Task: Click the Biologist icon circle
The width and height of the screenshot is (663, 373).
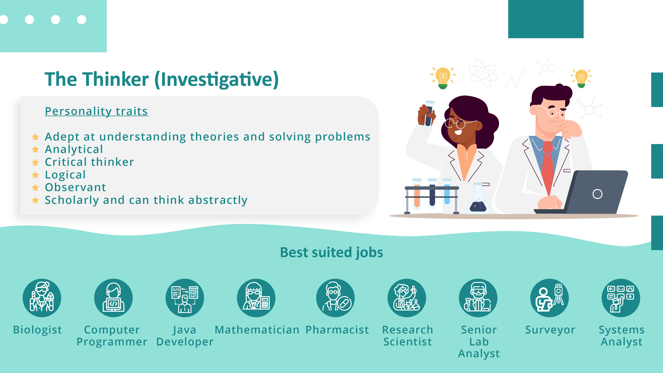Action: pyautogui.click(x=42, y=298)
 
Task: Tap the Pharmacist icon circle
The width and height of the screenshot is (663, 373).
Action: pyautogui.click(x=335, y=298)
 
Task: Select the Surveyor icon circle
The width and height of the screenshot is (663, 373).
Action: pyautogui.click(x=550, y=298)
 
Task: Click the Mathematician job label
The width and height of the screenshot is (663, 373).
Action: pyautogui.click(x=257, y=330)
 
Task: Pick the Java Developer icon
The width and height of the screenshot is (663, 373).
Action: pyautogui.click(x=185, y=298)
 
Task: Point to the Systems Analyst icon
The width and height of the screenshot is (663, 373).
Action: pyautogui.click(x=621, y=298)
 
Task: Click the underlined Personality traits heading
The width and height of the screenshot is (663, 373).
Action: pyautogui.click(x=96, y=111)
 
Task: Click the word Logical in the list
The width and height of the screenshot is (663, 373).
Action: pyautogui.click(x=65, y=175)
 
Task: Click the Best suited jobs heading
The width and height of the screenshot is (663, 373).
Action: pyautogui.click(x=331, y=252)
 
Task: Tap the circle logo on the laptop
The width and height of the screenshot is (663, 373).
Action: pyautogui.click(x=597, y=194)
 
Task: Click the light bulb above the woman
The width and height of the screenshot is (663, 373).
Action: pyautogui.click(x=443, y=77)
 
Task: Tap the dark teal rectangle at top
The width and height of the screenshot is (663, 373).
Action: pyautogui.click(x=546, y=19)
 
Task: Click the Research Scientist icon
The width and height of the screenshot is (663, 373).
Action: pyautogui.click(x=407, y=298)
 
